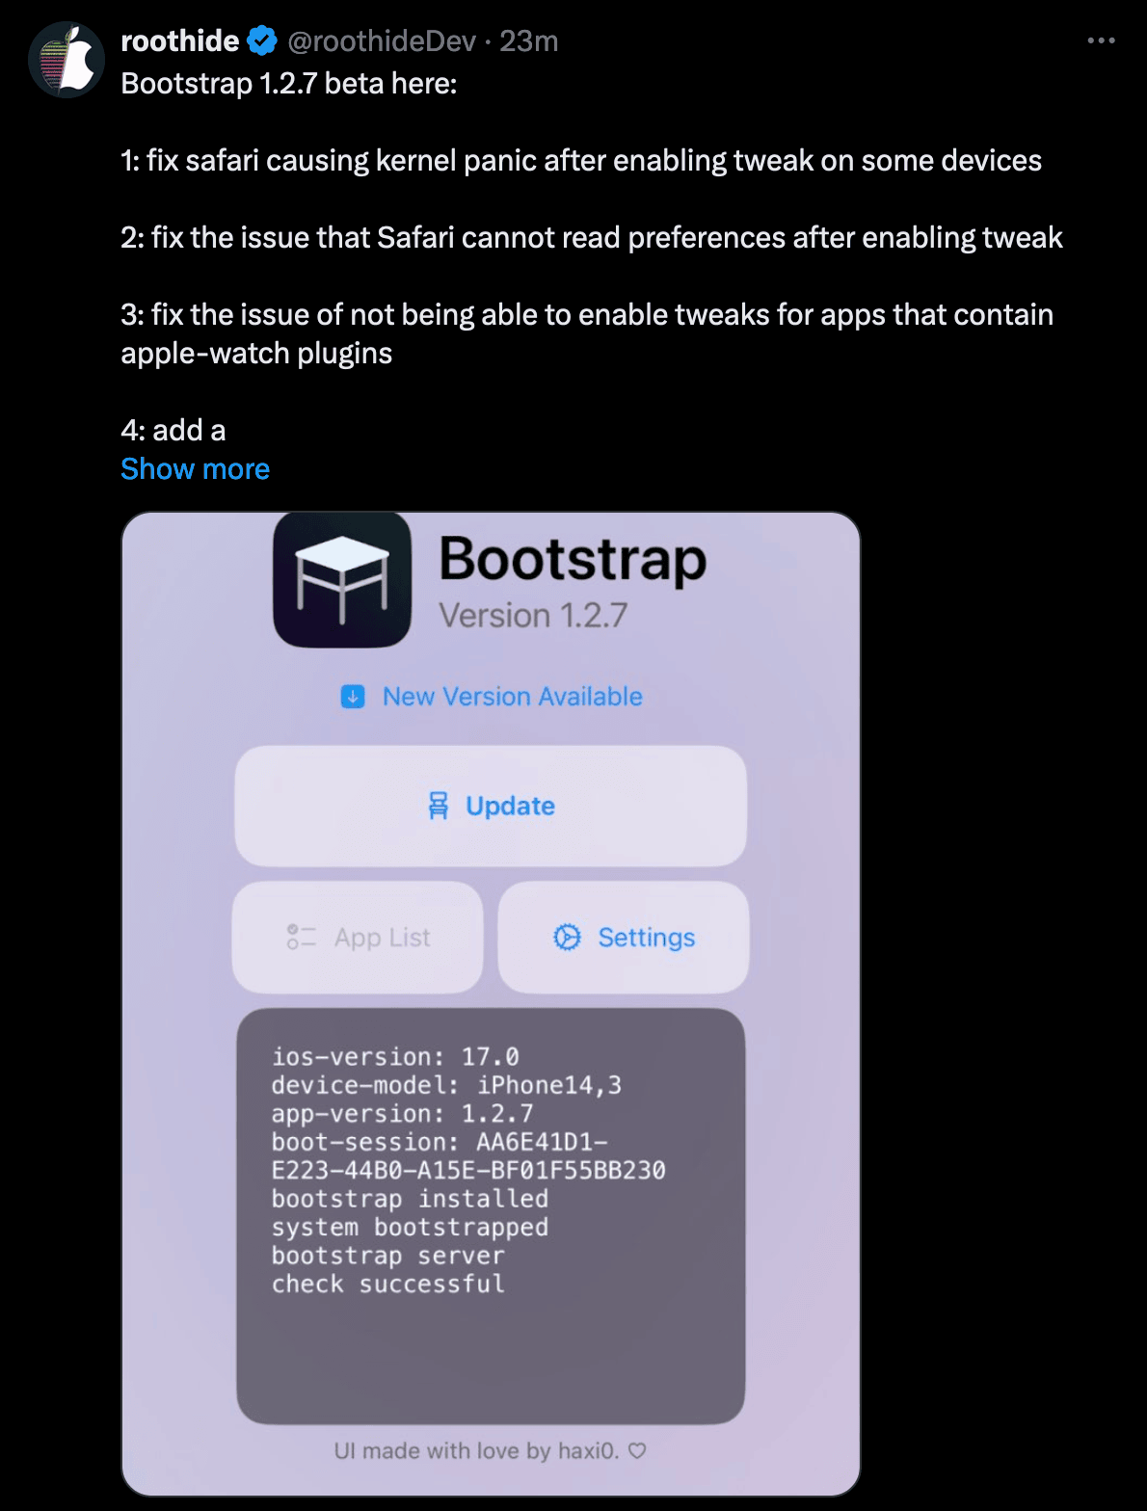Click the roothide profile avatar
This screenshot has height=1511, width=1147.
click(x=67, y=60)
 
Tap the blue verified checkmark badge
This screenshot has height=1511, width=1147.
click(x=261, y=41)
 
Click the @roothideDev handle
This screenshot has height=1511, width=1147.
click(x=382, y=41)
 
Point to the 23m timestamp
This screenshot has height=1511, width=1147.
click(x=528, y=41)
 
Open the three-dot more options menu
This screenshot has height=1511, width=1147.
click(x=1101, y=40)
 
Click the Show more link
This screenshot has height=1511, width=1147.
click(x=195, y=469)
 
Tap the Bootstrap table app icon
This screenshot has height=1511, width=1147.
click(x=342, y=580)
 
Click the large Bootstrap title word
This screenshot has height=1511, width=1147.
click(x=573, y=560)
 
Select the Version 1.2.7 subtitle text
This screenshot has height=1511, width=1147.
click(x=533, y=615)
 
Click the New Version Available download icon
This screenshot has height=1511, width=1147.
click(x=353, y=696)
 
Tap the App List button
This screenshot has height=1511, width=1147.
click(x=358, y=938)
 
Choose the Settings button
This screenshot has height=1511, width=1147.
click(x=624, y=938)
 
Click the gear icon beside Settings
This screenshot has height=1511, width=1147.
click(x=568, y=937)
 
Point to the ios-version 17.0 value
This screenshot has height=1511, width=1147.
click(x=491, y=1057)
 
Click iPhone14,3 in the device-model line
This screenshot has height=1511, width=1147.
click(x=549, y=1085)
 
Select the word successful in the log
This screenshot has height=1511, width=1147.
click(x=432, y=1284)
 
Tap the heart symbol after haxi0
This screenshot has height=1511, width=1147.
click(x=637, y=1450)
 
